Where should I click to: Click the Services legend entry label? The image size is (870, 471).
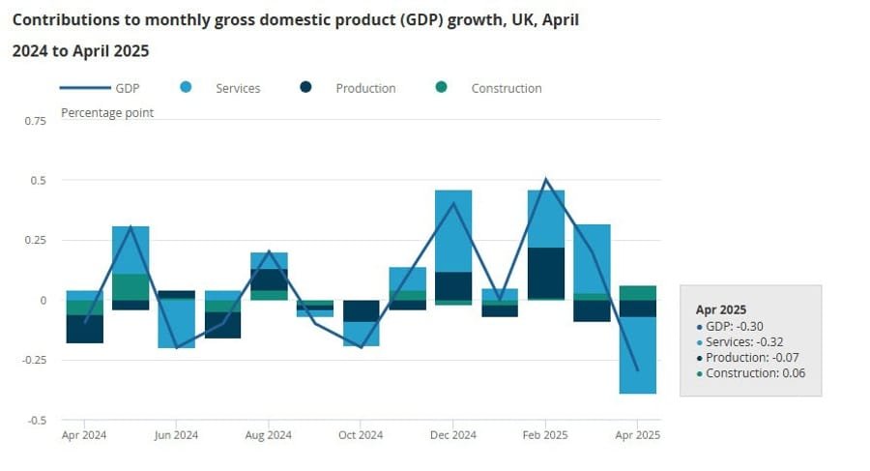click(238, 88)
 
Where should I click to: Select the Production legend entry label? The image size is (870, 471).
click(365, 88)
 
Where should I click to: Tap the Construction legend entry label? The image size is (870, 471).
click(506, 88)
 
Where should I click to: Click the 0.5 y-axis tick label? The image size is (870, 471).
click(38, 181)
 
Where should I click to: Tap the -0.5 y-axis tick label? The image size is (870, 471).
click(36, 420)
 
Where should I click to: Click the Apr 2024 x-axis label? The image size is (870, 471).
click(84, 436)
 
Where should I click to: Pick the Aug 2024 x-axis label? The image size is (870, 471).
click(269, 436)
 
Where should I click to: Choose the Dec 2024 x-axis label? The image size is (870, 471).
click(452, 436)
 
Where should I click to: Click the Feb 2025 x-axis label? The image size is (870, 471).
click(545, 436)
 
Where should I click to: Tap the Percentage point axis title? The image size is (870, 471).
click(107, 112)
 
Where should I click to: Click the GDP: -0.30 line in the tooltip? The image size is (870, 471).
click(730, 327)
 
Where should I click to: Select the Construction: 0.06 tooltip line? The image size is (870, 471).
click(755, 373)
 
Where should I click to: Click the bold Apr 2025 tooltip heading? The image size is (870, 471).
click(721, 309)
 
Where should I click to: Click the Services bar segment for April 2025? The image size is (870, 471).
click(638, 355)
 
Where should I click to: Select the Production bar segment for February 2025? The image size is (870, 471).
click(546, 273)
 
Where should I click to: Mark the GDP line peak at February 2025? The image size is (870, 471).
click(546, 179)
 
